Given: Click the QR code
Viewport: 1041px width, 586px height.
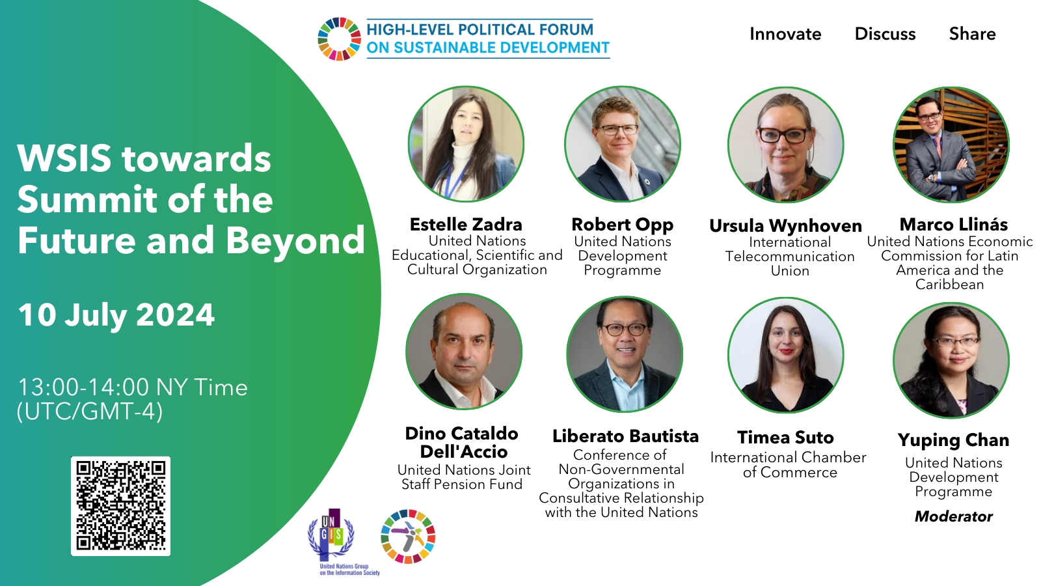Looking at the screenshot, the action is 121,506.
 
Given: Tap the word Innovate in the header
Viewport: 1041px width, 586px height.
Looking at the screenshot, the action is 785,34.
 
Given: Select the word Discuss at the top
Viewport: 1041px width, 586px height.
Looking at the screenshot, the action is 886,34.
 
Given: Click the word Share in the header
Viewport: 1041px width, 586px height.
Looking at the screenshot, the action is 972,34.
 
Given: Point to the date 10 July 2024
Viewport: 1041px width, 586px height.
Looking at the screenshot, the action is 116,315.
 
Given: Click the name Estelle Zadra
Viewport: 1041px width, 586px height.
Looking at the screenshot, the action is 466,225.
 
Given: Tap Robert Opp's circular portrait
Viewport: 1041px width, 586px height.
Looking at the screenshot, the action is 623,144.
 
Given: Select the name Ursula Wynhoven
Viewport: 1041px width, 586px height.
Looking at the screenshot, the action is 785,226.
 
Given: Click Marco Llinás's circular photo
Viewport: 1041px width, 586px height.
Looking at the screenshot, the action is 951,145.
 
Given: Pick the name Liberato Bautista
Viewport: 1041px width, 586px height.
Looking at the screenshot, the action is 625,436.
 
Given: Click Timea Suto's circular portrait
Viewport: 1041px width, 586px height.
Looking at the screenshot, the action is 786,355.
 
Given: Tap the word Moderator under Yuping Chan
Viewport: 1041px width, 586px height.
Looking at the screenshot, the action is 954,516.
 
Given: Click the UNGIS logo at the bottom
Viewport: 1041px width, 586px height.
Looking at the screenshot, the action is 343,542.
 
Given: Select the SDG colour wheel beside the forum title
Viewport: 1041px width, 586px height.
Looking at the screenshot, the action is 339,39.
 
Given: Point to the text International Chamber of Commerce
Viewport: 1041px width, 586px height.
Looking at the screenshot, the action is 789,465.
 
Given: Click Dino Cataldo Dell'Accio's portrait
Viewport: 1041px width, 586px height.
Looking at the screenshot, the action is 464,352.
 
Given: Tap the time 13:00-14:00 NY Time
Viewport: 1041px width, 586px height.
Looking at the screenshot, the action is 133,387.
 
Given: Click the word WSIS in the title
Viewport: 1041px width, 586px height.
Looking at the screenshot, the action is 64,158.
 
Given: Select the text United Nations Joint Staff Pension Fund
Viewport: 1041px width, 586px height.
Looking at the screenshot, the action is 463,477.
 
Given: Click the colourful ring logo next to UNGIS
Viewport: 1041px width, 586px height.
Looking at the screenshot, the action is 408,537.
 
